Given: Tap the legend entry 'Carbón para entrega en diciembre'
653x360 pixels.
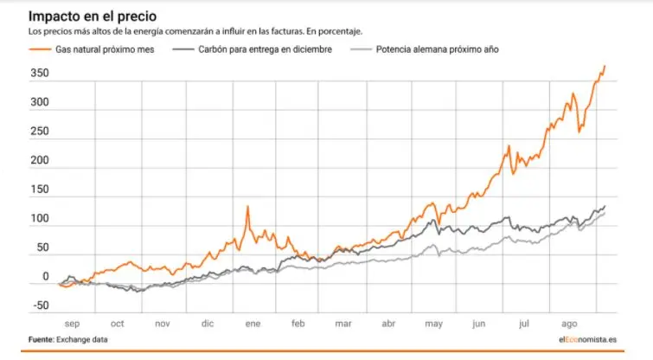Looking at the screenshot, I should (264, 49).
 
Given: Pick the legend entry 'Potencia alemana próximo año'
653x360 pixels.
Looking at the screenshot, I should (437, 49).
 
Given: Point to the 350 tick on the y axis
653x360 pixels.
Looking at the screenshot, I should (40, 74).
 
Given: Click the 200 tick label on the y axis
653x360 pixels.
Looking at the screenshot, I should (40, 161).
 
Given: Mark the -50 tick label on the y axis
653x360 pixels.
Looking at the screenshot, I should (39, 306).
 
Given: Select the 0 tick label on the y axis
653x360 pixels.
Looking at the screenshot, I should (45, 278).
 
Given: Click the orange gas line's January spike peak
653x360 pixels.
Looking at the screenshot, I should (247, 207).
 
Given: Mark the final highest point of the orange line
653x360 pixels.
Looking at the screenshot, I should (605, 66).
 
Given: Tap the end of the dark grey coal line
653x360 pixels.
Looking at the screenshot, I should (605, 206).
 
